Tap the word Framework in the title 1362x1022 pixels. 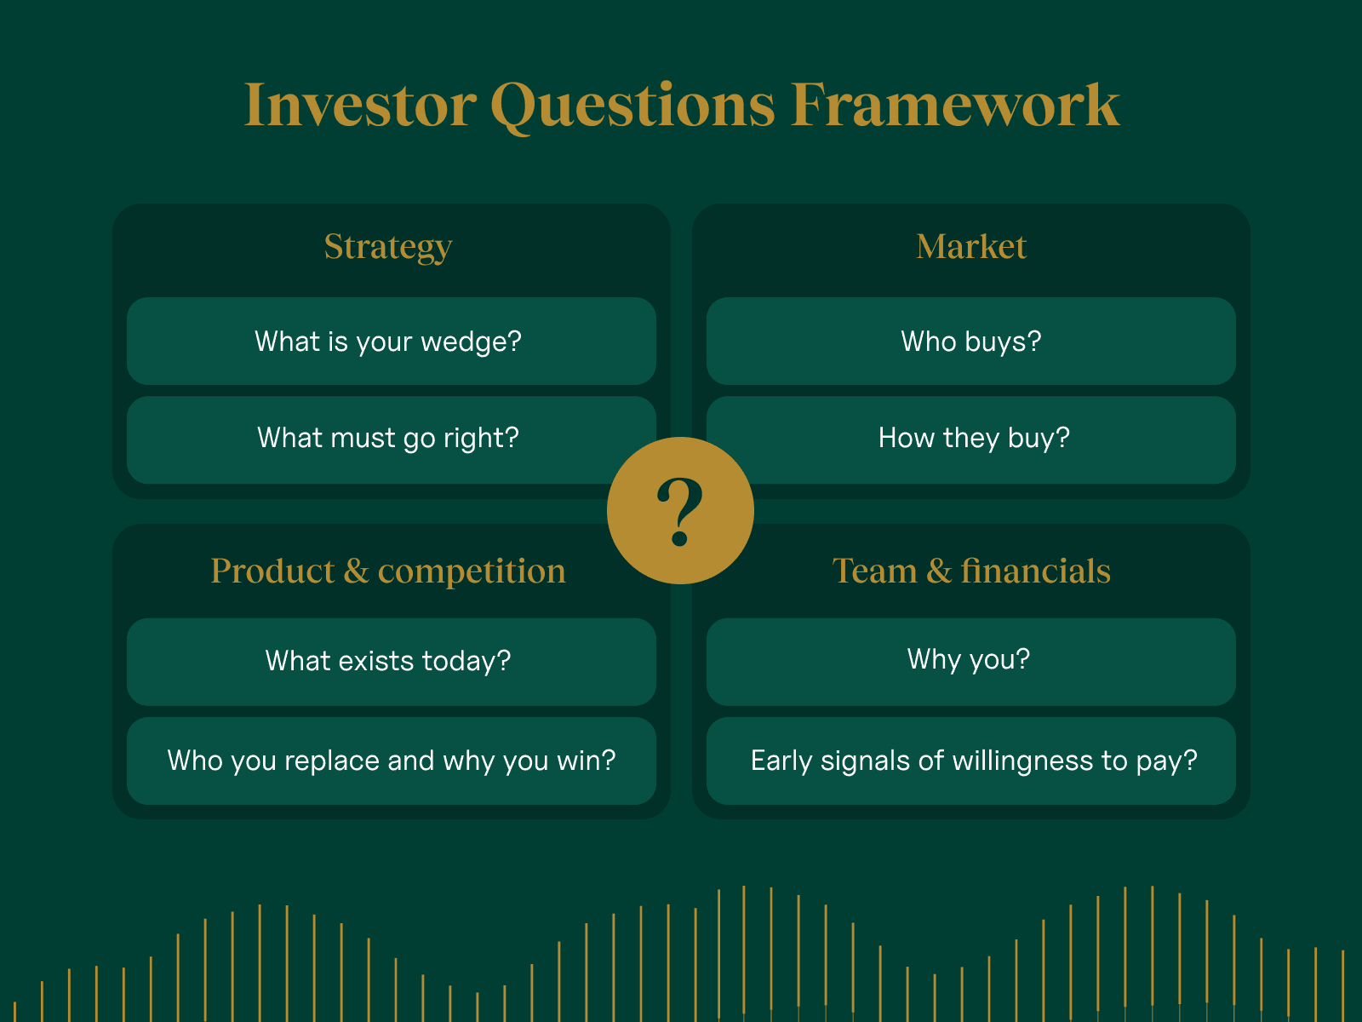(954, 106)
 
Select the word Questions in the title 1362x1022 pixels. (632, 107)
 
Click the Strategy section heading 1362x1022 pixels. (387, 247)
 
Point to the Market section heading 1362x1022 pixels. (970, 247)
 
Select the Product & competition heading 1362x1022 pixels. (387, 571)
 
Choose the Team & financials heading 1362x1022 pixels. (970, 571)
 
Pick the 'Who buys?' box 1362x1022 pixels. (970, 342)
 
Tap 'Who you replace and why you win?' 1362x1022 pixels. (391, 761)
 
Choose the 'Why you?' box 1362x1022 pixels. (970, 660)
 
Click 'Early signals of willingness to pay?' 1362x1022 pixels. (973, 761)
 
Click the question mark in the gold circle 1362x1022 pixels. (680, 511)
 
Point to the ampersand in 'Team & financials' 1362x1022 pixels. (938, 571)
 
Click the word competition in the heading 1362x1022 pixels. (472, 571)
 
